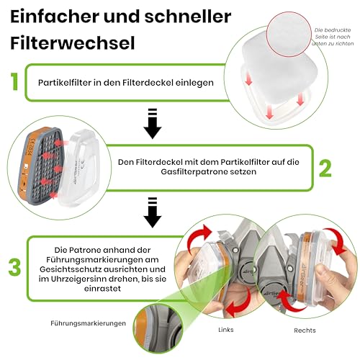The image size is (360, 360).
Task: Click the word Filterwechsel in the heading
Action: pos(73,43)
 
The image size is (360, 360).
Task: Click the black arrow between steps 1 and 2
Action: pos(152,123)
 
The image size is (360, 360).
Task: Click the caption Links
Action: pos(225,330)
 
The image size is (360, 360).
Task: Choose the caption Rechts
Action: pos(305,330)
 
